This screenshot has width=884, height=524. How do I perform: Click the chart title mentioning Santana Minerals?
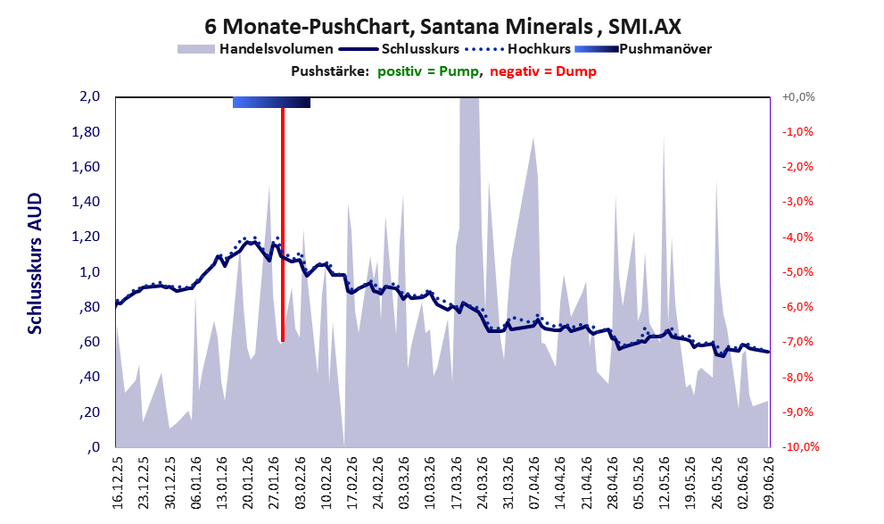point(442,26)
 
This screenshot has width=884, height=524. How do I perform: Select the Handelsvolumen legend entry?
point(255,49)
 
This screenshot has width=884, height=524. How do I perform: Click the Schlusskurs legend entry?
point(399,49)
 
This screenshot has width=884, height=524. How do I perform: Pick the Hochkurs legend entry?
point(517,49)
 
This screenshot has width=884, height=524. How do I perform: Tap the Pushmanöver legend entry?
point(643,49)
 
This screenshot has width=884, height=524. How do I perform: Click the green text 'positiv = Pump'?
point(428,71)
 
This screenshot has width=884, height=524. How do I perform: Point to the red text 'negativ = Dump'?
point(543,71)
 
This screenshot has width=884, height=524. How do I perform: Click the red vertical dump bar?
point(283,224)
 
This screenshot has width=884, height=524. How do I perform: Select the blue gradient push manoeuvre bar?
point(271,102)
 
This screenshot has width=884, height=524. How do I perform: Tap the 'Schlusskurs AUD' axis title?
point(35,263)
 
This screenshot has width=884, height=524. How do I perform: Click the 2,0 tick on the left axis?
point(89,96)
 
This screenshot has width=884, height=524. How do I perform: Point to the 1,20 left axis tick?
point(86,237)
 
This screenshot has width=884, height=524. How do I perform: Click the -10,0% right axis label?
point(800,446)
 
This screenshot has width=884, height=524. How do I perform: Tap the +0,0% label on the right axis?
point(798,97)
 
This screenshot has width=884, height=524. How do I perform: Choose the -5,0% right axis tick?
point(797,272)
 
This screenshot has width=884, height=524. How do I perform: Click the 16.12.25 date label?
point(118,483)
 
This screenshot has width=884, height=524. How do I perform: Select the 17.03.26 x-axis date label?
point(457,483)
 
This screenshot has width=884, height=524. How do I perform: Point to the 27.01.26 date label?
point(274,483)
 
